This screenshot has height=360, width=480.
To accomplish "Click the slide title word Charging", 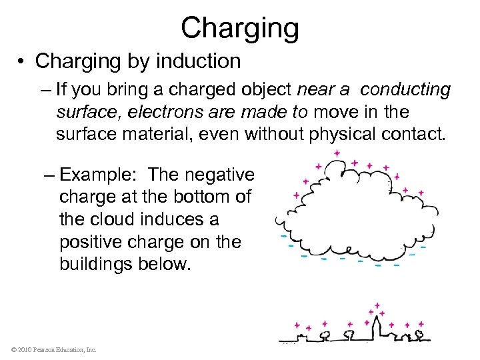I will [x=239, y=29].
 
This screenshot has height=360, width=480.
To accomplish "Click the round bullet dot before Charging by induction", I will [x=22, y=61].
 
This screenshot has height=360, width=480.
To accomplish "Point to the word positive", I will [x=91, y=242].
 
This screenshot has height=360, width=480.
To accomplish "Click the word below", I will [x=168, y=265].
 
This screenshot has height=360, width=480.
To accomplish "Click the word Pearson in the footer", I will [x=43, y=349].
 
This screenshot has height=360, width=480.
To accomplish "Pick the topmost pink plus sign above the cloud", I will [x=337, y=153].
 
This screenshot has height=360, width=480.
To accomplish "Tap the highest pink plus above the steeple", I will [x=377, y=305].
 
